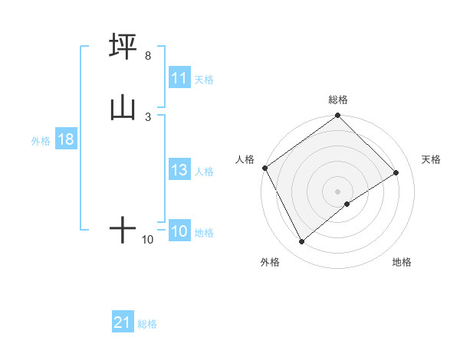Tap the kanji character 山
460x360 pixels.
coord(123,107)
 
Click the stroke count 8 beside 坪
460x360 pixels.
coord(147,56)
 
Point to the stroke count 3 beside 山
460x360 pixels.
coord(147,116)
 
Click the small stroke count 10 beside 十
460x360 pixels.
coord(147,240)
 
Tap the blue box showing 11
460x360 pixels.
coord(179,78)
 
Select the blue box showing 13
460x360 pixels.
coord(179,171)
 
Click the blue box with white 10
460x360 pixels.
coord(179,232)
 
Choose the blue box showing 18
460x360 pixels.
coord(65,140)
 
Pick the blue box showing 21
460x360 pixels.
coord(123,323)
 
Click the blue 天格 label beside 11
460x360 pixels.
coord(204,79)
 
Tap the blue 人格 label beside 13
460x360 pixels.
coord(204,172)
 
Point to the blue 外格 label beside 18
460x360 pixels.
coord(41,141)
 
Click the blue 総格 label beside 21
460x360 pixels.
coord(147,324)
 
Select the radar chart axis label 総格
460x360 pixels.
coord(338,100)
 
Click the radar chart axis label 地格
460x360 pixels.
coord(402,262)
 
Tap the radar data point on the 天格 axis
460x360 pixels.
coord(396,173)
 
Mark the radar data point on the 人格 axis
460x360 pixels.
coord(264,168)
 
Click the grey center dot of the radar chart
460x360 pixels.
coord(338,191)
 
